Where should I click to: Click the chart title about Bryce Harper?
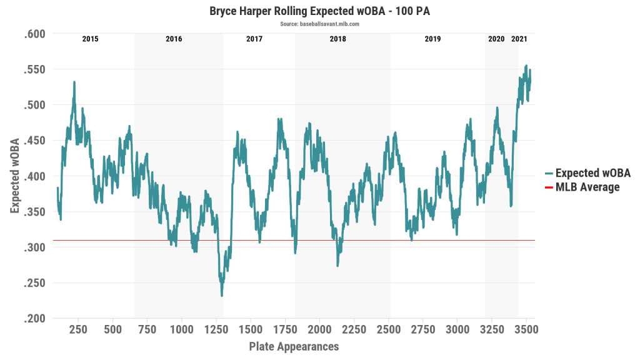pos(319,11)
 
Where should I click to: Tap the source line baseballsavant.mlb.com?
pos(319,24)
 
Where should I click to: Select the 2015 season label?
pos(90,39)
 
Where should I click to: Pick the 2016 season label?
pos(174,39)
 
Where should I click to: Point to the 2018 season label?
pos(338,39)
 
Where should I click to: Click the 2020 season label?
pos(496,39)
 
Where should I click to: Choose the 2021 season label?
pos(519,39)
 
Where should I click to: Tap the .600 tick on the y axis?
pos(35,34)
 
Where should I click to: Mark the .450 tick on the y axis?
pos(35,141)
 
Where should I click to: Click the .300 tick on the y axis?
pos(35,247)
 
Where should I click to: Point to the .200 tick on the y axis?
pos(35,319)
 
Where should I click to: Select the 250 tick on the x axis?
pos(78,329)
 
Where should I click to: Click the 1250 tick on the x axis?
pos(216,329)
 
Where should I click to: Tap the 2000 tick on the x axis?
pos(319,329)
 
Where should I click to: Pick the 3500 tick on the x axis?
pos(526,329)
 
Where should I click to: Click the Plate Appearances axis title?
pos(294,346)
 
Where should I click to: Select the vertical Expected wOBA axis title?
pos(14,176)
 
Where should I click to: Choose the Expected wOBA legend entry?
pos(587,173)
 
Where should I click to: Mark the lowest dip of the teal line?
pos(221,295)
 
